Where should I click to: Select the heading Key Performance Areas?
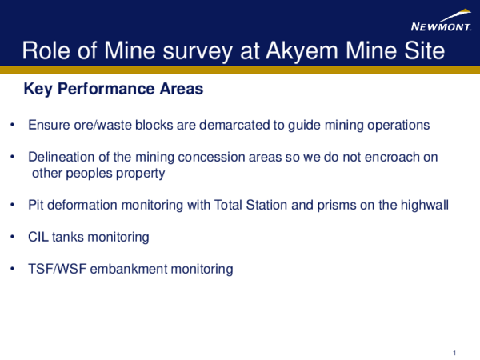(114, 89)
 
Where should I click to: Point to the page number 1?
(454, 353)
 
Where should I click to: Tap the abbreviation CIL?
(38, 238)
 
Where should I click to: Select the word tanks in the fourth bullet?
(68, 238)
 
